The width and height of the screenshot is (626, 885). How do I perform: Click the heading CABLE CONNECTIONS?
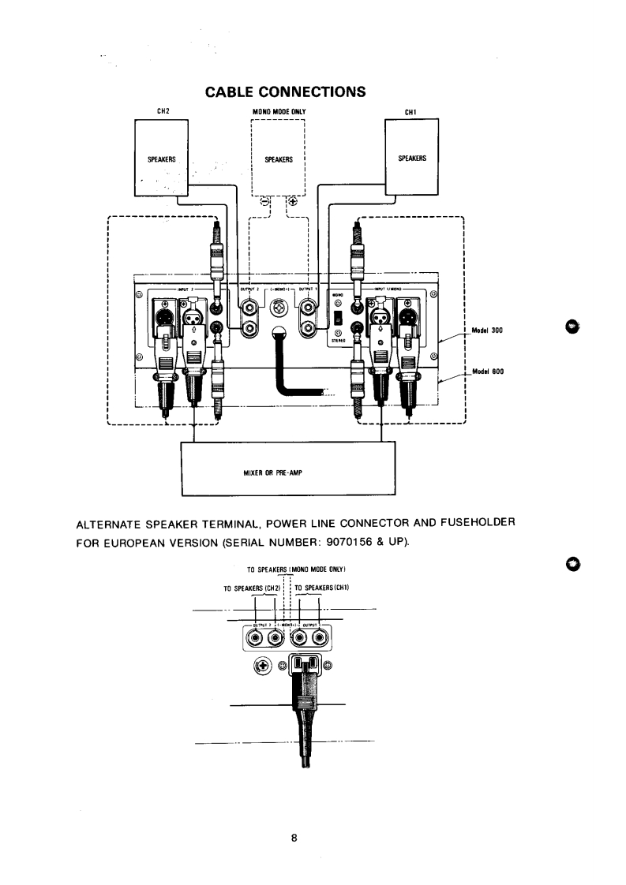(285, 91)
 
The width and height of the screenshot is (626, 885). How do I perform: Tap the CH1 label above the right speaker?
(410, 111)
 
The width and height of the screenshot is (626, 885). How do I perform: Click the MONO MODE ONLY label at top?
(278, 111)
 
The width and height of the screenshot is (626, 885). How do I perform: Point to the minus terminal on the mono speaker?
(264, 200)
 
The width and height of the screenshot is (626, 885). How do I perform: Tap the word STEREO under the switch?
(336, 342)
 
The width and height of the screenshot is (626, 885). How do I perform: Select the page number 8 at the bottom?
(293, 838)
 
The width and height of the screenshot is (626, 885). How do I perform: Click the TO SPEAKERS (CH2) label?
(253, 587)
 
